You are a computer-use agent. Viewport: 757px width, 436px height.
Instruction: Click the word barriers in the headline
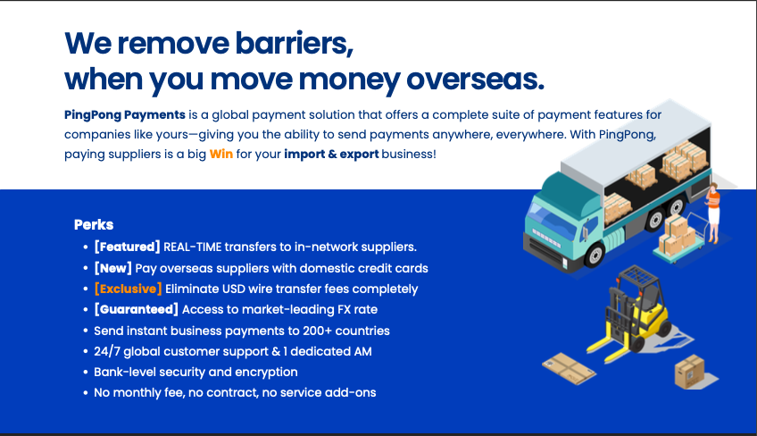(294, 44)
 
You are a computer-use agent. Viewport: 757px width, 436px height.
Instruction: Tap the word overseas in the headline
(475, 80)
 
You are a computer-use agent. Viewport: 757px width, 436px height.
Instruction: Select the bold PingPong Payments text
(125, 115)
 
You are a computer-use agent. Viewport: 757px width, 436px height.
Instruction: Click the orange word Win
(221, 155)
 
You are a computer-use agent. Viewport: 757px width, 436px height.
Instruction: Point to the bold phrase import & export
(331, 155)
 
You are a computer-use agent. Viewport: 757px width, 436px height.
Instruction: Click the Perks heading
(94, 225)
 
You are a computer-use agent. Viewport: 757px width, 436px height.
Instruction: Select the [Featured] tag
(127, 247)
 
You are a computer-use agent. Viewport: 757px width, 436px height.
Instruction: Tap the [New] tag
(113, 268)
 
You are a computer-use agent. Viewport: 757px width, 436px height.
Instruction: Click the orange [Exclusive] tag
(128, 289)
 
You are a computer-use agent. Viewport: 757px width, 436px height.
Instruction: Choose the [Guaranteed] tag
(137, 309)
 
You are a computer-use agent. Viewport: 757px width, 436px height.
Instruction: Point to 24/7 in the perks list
(107, 351)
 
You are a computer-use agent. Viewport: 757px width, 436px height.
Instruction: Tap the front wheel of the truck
(595, 255)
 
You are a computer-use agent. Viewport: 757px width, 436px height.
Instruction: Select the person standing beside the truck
(712, 213)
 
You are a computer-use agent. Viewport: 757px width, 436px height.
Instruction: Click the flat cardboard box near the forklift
(570, 368)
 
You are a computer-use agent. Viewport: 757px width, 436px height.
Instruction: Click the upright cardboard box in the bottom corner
(689, 372)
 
